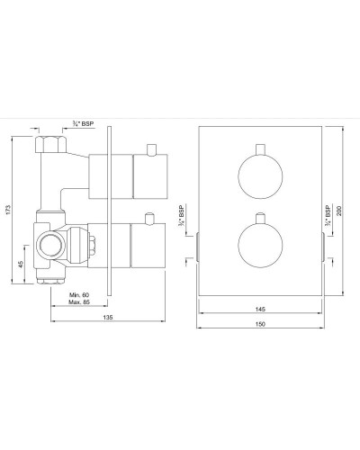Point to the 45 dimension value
point(20,266)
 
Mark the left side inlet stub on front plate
point(195,245)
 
